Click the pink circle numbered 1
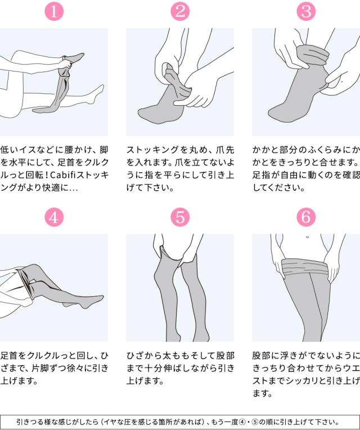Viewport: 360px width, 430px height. click(54, 11)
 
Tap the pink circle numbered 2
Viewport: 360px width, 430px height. click(180, 11)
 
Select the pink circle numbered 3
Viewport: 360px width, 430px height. click(306, 11)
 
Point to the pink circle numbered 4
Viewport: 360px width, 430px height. click(54, 217)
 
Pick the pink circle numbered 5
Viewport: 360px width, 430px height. click(180, 217)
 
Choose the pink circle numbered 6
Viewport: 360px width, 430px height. click(306, 217)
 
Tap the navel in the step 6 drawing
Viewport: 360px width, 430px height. click(307, 237)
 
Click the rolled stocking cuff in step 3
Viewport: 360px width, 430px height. click(313, 56)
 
